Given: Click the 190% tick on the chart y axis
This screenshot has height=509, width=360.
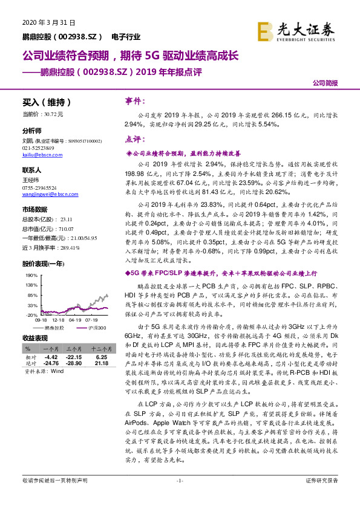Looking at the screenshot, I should (x=31, y=275).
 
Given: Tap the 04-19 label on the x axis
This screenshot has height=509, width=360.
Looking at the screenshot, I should (x=75, y=320).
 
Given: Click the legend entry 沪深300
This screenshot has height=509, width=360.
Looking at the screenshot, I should (x=97, y=327).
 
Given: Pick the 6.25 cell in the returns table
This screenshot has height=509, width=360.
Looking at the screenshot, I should (x=100, y=357).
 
